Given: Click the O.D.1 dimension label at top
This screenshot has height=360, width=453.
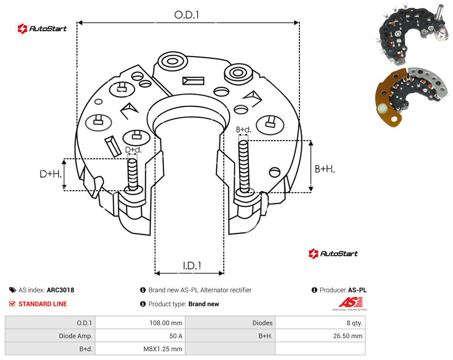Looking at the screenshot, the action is pyautogui.click(x=187, y=15).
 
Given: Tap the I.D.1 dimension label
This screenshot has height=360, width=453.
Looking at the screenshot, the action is pyautogui.click(x=192, y=266).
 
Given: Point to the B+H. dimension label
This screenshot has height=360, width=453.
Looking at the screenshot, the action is pyautogui.click(x=325, y=169).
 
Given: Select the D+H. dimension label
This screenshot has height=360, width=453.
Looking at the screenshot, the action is pyautogui.click(x=51, y=174).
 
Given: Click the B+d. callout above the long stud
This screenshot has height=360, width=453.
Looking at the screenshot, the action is pyautogui.click(x=244, y=129).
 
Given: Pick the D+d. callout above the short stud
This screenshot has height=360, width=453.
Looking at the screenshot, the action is pyautogui.click(x=133, y=150).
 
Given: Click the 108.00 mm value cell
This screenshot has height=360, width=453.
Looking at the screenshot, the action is pyautogui.click(x=166, y=323).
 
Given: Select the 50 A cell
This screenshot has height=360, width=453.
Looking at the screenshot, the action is pyautogui.click(x=175, y=336).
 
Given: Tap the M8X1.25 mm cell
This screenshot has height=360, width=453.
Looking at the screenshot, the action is pyautogui.click(x=163, y=349).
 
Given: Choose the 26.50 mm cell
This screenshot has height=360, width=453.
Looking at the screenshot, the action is pyautogui.click(x=348, y=336).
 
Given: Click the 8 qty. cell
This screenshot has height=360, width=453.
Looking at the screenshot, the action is pyautogui.click(x=355, y=323).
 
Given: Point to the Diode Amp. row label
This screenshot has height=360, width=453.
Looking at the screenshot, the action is pyautogui.click(x=76, y=336).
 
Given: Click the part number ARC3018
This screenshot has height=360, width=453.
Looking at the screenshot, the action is pyautogui.click(x=60, y=290).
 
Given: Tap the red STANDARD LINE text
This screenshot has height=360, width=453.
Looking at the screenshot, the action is pyautogui.click(x=43, y=304).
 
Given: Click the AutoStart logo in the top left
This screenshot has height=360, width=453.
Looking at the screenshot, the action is pyautogui.click(x=42, y=29).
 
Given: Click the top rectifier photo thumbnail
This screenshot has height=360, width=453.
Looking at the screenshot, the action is pyautogui.click(x=413, y=34).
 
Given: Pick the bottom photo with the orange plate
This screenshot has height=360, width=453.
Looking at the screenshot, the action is pyautogui.click(x=412, y=96).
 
